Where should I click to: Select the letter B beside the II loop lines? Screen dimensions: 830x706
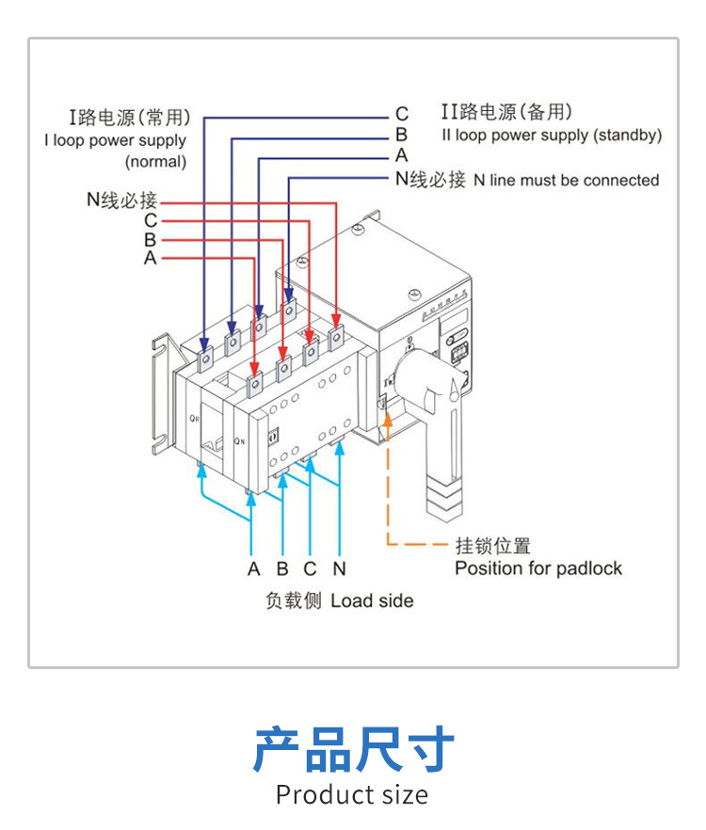(x=401, y=136)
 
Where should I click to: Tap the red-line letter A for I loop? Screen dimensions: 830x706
(x=150, y=257)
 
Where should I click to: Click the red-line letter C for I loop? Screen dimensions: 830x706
(x=150, y=220)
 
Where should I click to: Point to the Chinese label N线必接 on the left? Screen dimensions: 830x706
(x=120, y=200)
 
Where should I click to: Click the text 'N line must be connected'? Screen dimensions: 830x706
(x=566, y=180)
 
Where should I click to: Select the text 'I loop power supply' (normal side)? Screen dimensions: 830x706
(x=115, y=140)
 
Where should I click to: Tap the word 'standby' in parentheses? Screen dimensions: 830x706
(x=627, y=135)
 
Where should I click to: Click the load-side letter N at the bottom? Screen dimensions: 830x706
(x=340, y=568)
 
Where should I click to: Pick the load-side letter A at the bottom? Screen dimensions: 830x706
(x=253, y=568)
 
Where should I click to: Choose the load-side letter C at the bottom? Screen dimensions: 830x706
(x=310, y=568)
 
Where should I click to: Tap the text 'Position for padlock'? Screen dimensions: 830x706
(x=538, y=568)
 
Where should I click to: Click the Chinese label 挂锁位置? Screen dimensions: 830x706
(x=492, y=546)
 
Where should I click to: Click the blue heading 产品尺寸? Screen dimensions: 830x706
(x=353, y=749)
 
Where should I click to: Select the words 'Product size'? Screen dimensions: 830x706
(x=352, y=794)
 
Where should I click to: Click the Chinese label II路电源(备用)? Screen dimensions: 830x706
(x=506, y=113)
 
